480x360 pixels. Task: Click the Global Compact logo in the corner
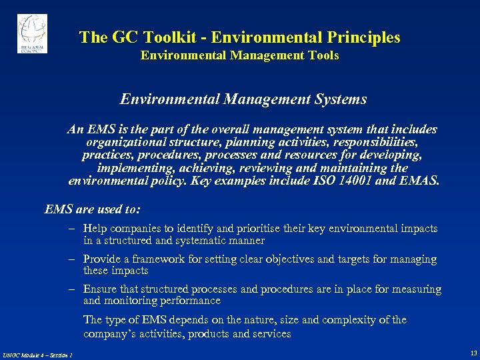[32, 33]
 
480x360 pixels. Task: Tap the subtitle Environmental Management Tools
[239, 55]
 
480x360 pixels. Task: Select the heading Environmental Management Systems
[243, 99]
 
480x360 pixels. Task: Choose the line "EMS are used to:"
[93, 209]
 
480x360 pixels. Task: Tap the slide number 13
[473, 353]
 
